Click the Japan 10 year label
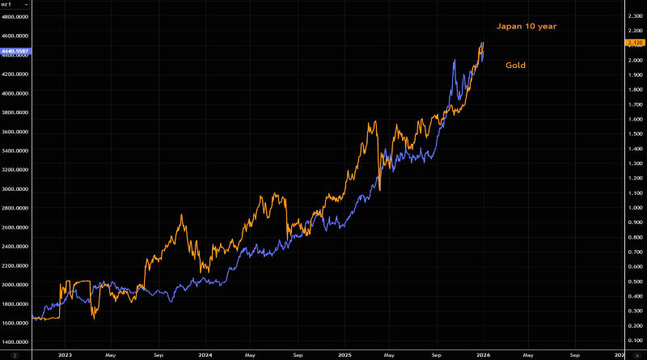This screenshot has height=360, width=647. (526, 27)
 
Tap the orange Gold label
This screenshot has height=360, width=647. (516, 65)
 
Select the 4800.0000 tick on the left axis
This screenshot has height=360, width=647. (15, 17)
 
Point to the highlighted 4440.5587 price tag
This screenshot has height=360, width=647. (15, 51)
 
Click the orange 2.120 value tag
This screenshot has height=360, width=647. (633, 42)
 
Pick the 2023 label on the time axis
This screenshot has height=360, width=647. (66, 354)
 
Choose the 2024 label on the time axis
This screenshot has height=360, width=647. (205, 354)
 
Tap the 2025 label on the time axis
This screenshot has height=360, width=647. (345, 354)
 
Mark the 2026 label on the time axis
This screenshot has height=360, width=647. (483, 354)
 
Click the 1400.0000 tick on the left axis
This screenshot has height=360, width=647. (15, 342)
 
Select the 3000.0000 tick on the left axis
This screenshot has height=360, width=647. (15, 189)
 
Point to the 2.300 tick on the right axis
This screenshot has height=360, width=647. (633, 15)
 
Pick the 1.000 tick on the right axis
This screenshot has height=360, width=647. (633, 208)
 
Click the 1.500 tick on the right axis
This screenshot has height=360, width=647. (633, 133)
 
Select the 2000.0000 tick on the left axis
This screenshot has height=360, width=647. (15, 285)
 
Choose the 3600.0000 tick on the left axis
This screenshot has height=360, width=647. (15, 132)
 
